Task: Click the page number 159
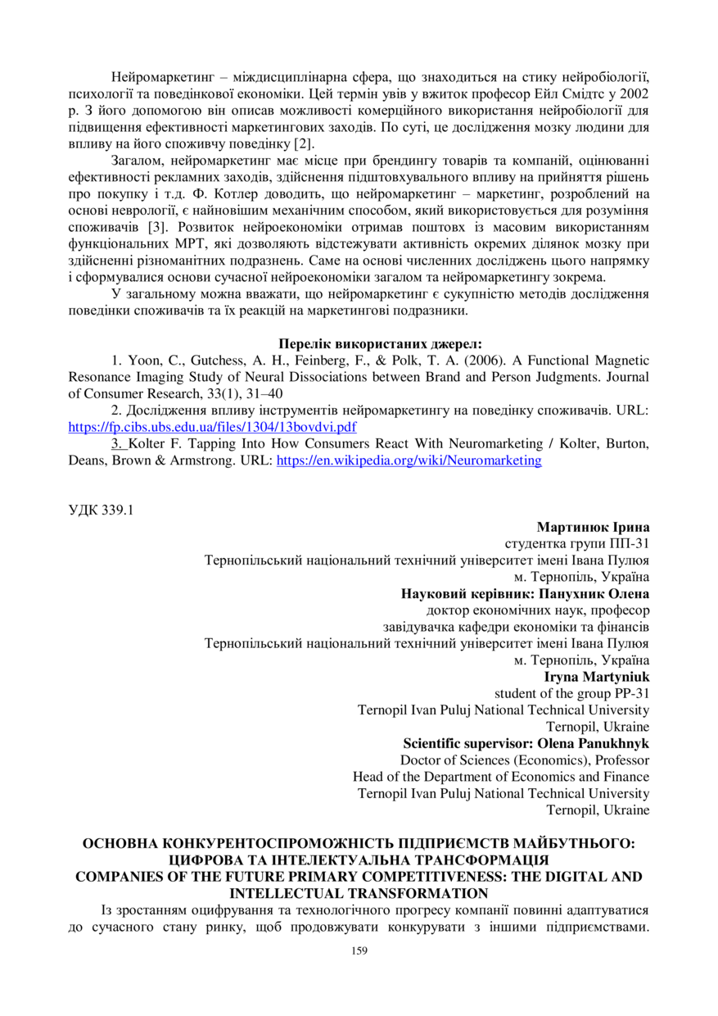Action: [x=359, y=950]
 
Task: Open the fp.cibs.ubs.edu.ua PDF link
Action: [x=212, y=427]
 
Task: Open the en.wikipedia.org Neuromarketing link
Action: [x=409, y=460]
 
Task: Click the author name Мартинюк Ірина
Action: [x=593, y=527]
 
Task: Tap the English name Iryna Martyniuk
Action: [x=597, y=677]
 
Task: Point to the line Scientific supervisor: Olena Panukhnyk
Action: [x=526, y=744]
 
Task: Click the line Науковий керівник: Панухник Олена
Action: [x=525, y=593]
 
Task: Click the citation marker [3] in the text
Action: [x=151, y=225]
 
